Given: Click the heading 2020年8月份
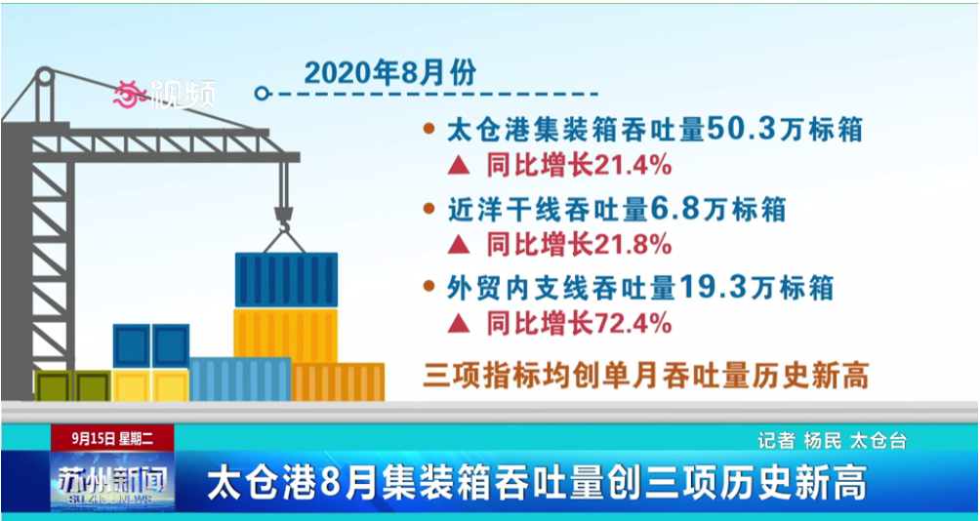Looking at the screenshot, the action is (x=390, y=74).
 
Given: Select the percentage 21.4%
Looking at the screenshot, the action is (x=633, y=166).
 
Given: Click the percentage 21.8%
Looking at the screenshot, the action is (x=633, y=245).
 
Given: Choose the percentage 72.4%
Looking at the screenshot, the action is (x=633, y=324).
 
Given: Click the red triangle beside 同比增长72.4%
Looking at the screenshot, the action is (x=459, y=324).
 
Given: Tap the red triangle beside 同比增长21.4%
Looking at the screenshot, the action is (x=459, y=166).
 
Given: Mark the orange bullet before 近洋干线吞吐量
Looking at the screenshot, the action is (x=429, y=209).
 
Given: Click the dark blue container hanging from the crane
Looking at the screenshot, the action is (x=286, y=280).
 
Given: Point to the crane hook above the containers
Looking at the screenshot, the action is (x=284, y=220).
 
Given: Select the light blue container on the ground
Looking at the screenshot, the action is (x=240, y=380).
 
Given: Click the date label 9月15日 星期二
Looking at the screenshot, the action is (x=112, y=438).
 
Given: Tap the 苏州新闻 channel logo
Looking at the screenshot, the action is (x=112, y=482).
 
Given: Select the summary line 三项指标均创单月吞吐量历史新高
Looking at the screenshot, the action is (x=645, y=376).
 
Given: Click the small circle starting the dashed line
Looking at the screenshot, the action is (x=262, y=94).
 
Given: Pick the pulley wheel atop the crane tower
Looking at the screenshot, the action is (x=44, y=77).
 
